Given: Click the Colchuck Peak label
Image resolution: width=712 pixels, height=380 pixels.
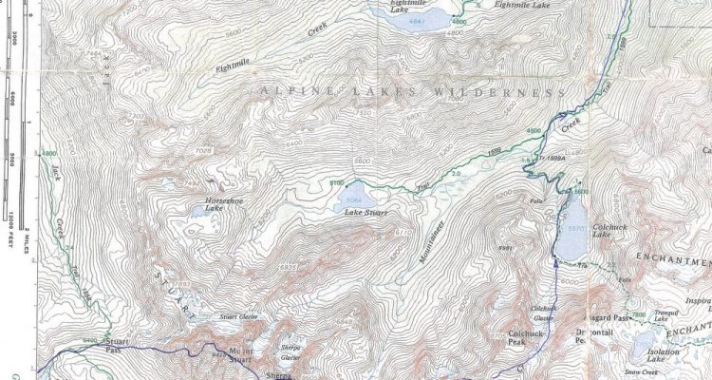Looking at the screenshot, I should [524, 334].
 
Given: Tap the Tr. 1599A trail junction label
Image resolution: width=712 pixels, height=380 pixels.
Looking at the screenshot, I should [551, 160].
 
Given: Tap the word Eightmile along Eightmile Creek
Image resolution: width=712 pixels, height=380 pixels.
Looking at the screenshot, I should [235, 66].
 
